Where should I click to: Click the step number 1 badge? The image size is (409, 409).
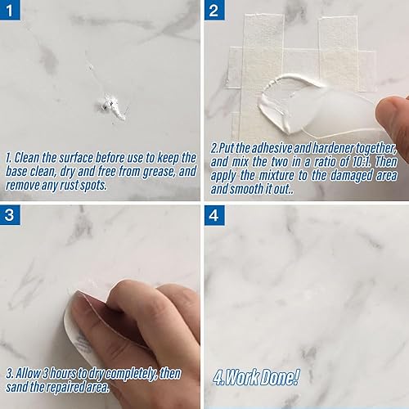pyautogui.click(x=12, y=11)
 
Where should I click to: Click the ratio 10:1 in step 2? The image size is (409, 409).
pyautogui.click(x=357, y=162)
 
